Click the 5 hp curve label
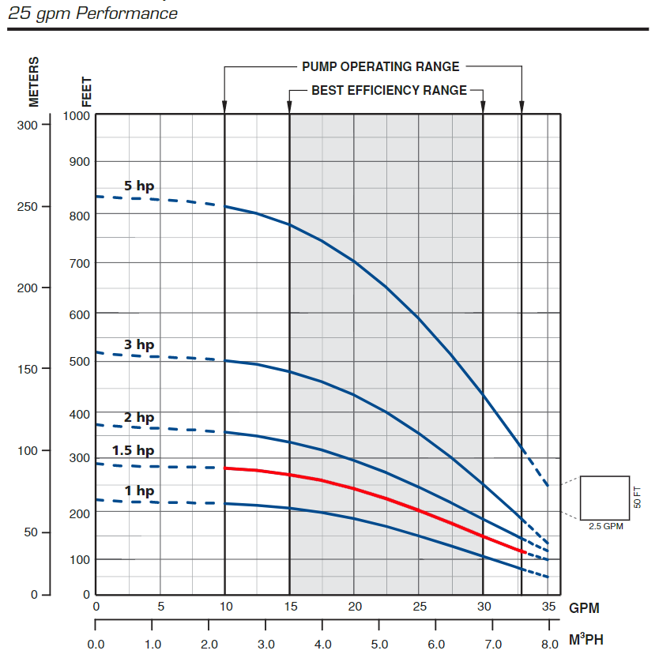point(139,186)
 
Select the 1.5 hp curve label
point(133,451)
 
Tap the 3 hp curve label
point(139,345)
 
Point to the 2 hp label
point(139,418)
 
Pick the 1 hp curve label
point(139,491)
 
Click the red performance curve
point(356,489)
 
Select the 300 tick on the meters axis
point(27,125)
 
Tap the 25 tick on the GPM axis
point(420,607)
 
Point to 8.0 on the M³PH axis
point(549,644)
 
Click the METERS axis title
point(34,81)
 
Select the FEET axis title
point(87,92)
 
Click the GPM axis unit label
point(584,608)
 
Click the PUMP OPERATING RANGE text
point(380,67)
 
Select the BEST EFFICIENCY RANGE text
point(389,91)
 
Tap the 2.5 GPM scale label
point(605,526)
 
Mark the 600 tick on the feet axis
point(81,314)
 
